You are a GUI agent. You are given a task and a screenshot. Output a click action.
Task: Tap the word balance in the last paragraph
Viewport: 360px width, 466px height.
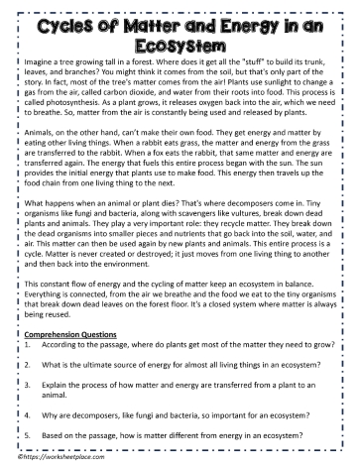click(x=331, y=298)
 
